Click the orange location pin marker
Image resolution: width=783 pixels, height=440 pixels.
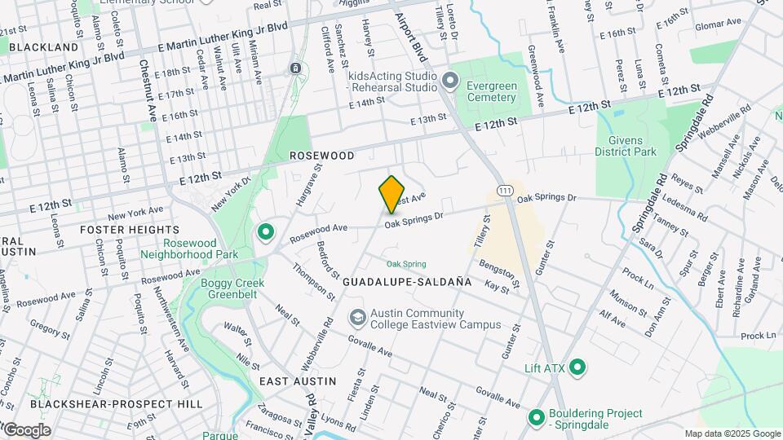coord(392,195)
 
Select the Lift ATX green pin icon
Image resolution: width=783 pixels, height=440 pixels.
coord(577,368)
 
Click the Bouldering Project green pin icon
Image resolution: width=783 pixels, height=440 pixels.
coord(537,419)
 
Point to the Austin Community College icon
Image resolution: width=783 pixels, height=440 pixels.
coord(357,317)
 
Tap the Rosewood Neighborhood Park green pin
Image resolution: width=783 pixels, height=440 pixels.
coord(265,233)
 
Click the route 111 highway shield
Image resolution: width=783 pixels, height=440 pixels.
coord(506,189)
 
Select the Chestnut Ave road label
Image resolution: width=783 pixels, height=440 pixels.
coord(146,90)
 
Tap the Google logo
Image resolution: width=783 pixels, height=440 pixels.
coord(26,429)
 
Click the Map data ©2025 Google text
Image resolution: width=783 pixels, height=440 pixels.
coord(732,433)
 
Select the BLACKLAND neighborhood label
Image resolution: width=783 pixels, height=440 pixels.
coord(42,47)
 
